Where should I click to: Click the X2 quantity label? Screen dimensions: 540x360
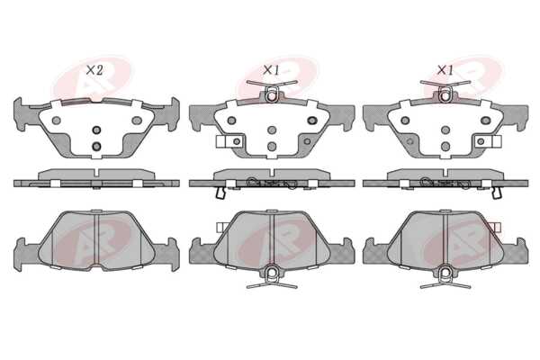tap(94, 70)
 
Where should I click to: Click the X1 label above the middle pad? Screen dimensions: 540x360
tap(271, 70)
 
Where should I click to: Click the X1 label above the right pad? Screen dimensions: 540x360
tap(445, 70)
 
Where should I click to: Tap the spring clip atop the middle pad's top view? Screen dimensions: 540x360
tap(272, 90)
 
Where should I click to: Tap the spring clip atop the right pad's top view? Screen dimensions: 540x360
tap(445, 90)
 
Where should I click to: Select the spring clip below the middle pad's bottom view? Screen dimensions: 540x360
tap(272, 276)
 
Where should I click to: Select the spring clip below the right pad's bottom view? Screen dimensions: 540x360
tap(445, 276)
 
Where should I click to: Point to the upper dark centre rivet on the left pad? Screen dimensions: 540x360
tap(97, 130)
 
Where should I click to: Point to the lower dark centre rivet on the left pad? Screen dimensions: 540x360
tap(97, 146)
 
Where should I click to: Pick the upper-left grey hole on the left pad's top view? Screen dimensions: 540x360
tap(56, 121)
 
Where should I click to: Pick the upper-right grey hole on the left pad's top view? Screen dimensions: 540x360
tap(137, 121)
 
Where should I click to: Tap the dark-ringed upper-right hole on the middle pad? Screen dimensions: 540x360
tap(312, 121)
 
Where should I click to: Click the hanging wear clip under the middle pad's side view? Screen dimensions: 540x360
tap(220, 193)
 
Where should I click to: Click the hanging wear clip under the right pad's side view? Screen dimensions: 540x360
tap(497, 193)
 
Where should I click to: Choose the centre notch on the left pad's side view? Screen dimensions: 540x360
tap(97, 172)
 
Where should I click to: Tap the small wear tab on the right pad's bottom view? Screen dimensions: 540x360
tap(497, 227)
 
